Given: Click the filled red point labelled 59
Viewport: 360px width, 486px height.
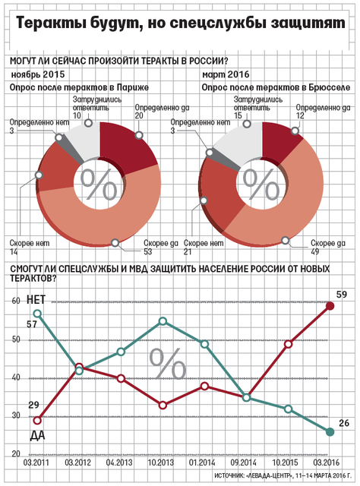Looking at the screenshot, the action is point(330,306).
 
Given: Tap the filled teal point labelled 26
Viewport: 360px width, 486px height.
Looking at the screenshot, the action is point(330,432).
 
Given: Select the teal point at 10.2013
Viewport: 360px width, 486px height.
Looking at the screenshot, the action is point(163,321).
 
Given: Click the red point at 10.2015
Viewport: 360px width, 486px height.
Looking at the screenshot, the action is point(288,344).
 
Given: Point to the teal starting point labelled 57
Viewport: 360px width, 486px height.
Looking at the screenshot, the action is point(37,314).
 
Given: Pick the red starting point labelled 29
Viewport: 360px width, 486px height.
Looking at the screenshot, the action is point(37,421).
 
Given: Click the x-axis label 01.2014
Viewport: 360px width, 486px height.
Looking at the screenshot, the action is point(202,462).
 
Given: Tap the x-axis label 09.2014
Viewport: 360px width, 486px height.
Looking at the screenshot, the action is point(243,462).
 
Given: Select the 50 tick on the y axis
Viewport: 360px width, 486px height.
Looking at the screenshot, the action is point(16,339).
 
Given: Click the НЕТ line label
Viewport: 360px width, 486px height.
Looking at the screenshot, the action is point(36,300).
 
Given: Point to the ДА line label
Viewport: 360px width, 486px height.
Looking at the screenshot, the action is point(37,435).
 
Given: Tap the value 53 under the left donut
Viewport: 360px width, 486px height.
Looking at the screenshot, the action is point(148,251).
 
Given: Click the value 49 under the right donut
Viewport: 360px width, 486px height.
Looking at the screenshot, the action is point(315,251).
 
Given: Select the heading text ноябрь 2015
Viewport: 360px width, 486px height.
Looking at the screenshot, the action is point(38,74).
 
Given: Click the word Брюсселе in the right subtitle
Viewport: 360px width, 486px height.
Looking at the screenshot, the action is point(330,88).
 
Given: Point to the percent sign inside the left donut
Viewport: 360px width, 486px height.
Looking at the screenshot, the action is point(99,185).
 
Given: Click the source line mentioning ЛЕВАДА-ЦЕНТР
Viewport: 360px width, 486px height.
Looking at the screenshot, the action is point(283,475).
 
